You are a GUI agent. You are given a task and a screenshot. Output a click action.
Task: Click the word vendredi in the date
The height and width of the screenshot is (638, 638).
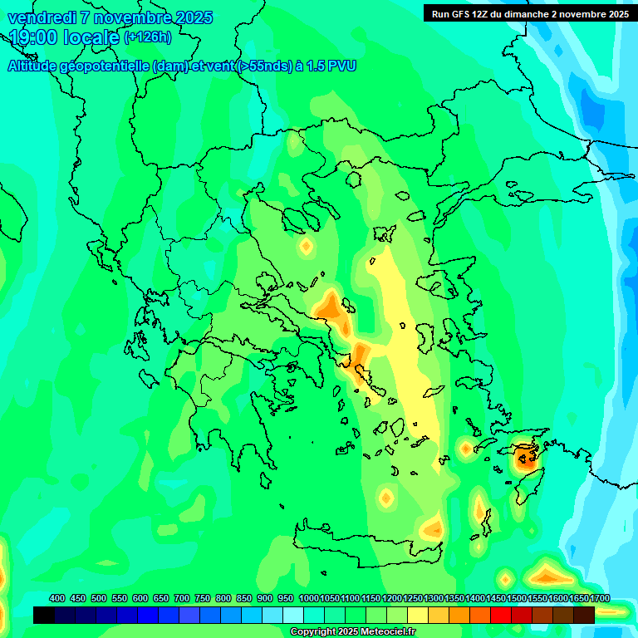pos(41,17)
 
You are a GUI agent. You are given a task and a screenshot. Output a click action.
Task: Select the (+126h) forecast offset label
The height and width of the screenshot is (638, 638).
pos(147,37)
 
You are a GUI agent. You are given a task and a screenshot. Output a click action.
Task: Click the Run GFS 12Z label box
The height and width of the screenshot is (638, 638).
pos(528,13)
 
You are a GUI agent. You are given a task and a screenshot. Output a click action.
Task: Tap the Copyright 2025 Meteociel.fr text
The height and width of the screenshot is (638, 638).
pos(352,632)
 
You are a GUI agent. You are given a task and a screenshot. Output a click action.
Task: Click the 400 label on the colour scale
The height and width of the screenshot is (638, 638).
pos(57,598)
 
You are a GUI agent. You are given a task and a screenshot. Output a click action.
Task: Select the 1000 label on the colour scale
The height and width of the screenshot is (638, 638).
pos(308,598)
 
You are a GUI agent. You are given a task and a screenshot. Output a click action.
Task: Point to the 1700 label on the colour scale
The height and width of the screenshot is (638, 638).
pos(599,598)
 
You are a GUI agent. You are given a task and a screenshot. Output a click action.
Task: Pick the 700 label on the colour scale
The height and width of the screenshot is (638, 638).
pos(182,598)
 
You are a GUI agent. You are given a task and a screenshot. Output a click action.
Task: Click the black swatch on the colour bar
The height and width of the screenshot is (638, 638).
pos(44,615)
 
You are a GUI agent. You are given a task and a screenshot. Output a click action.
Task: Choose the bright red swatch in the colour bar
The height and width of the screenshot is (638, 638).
pos(501,615)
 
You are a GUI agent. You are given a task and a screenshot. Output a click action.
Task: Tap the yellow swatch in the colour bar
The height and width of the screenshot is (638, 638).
pos(418,615)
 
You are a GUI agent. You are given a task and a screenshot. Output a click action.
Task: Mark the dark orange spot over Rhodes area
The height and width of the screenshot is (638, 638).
pos(525,456)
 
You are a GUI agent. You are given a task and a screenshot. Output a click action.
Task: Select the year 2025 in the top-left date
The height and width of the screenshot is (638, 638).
pos(194,17)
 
